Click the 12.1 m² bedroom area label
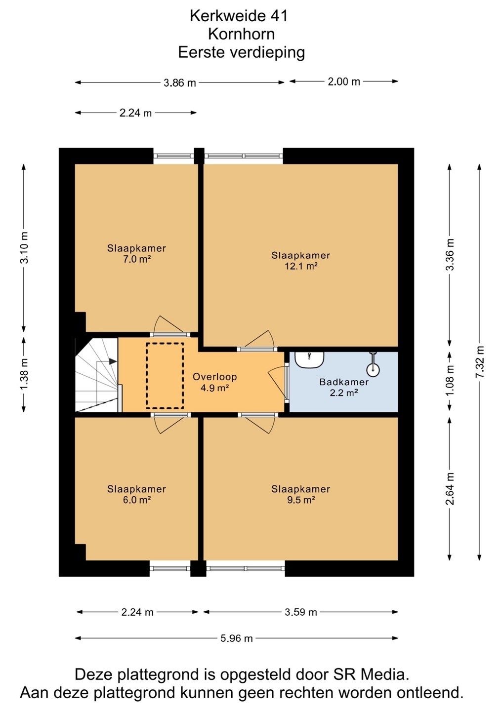(x=300, y=261)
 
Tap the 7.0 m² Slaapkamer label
(x=136, y=254)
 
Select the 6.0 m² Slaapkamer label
(x=136, y=494)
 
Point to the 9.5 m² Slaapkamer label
(x=300, y=494)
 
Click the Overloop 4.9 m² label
(x=214, y=382)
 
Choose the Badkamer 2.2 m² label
(x=344, y=387)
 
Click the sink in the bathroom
(x=309, y=360)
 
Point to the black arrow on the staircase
(x=113, y=361)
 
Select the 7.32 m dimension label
(x=479, y=361)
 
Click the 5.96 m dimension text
(x=237, y=638)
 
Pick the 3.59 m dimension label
(x=301, y=612)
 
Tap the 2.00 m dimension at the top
(x=344, y=82)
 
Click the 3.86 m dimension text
(x=180, y=83)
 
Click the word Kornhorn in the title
(x=241, y=34)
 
